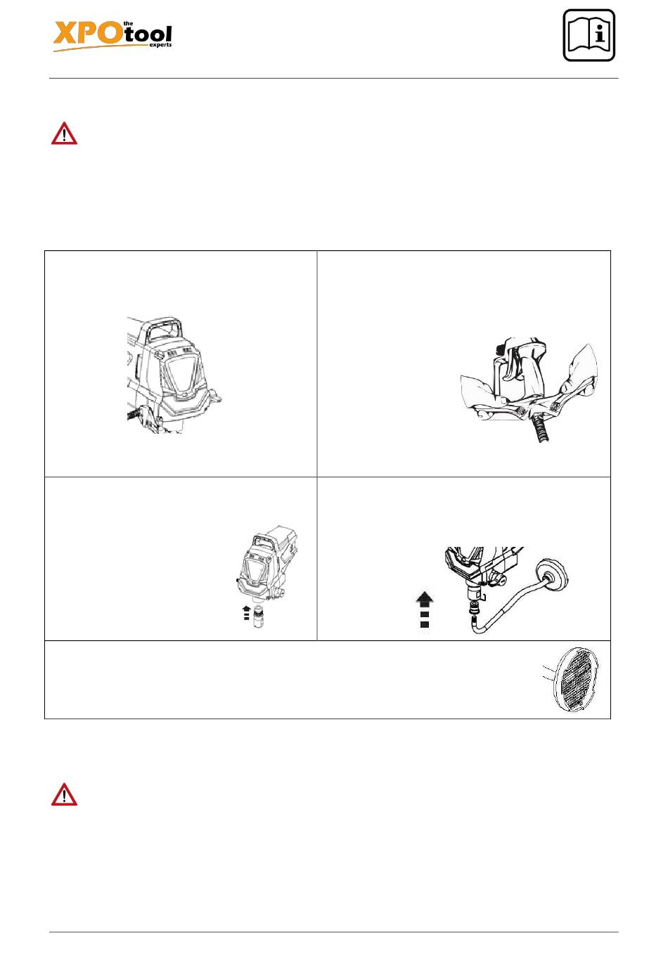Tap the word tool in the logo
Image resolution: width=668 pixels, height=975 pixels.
(148, 35)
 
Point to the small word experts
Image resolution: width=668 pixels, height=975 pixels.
(160, 44)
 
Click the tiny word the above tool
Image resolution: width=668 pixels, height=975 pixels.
(129, 23)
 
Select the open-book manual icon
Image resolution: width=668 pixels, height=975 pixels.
(589, 35)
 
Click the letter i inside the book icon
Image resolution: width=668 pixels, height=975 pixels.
(600, 33)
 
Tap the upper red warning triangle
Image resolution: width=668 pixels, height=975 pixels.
(64, 133)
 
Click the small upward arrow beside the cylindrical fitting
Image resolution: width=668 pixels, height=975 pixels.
(247, 613)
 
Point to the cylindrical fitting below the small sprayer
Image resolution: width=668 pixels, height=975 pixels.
(259, 614)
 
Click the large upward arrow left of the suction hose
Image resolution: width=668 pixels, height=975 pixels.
(425, 609)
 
